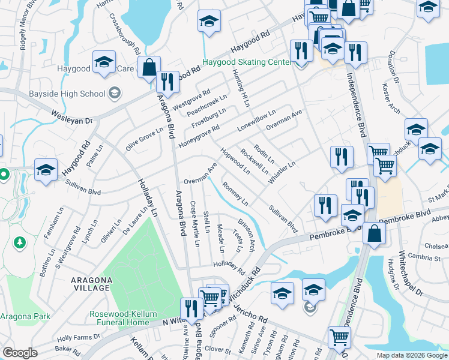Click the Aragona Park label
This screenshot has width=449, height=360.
pos(25,316)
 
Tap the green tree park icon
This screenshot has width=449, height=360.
pos(20,242)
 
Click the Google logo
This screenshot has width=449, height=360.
pos(20,353)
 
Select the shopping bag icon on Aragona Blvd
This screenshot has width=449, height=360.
pos(148,68)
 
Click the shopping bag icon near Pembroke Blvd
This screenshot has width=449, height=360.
pos(373,233)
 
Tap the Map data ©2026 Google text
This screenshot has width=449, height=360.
pos(411,355)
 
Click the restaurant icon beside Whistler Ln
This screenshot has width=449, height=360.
pos(342,157)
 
